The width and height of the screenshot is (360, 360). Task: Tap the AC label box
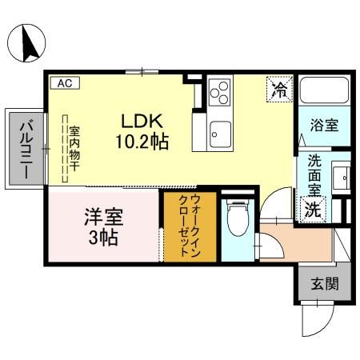tap(62, 82)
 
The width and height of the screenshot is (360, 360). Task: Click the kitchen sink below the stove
tap(220, 131)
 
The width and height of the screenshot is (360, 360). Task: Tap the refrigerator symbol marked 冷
tap(278, 88)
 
